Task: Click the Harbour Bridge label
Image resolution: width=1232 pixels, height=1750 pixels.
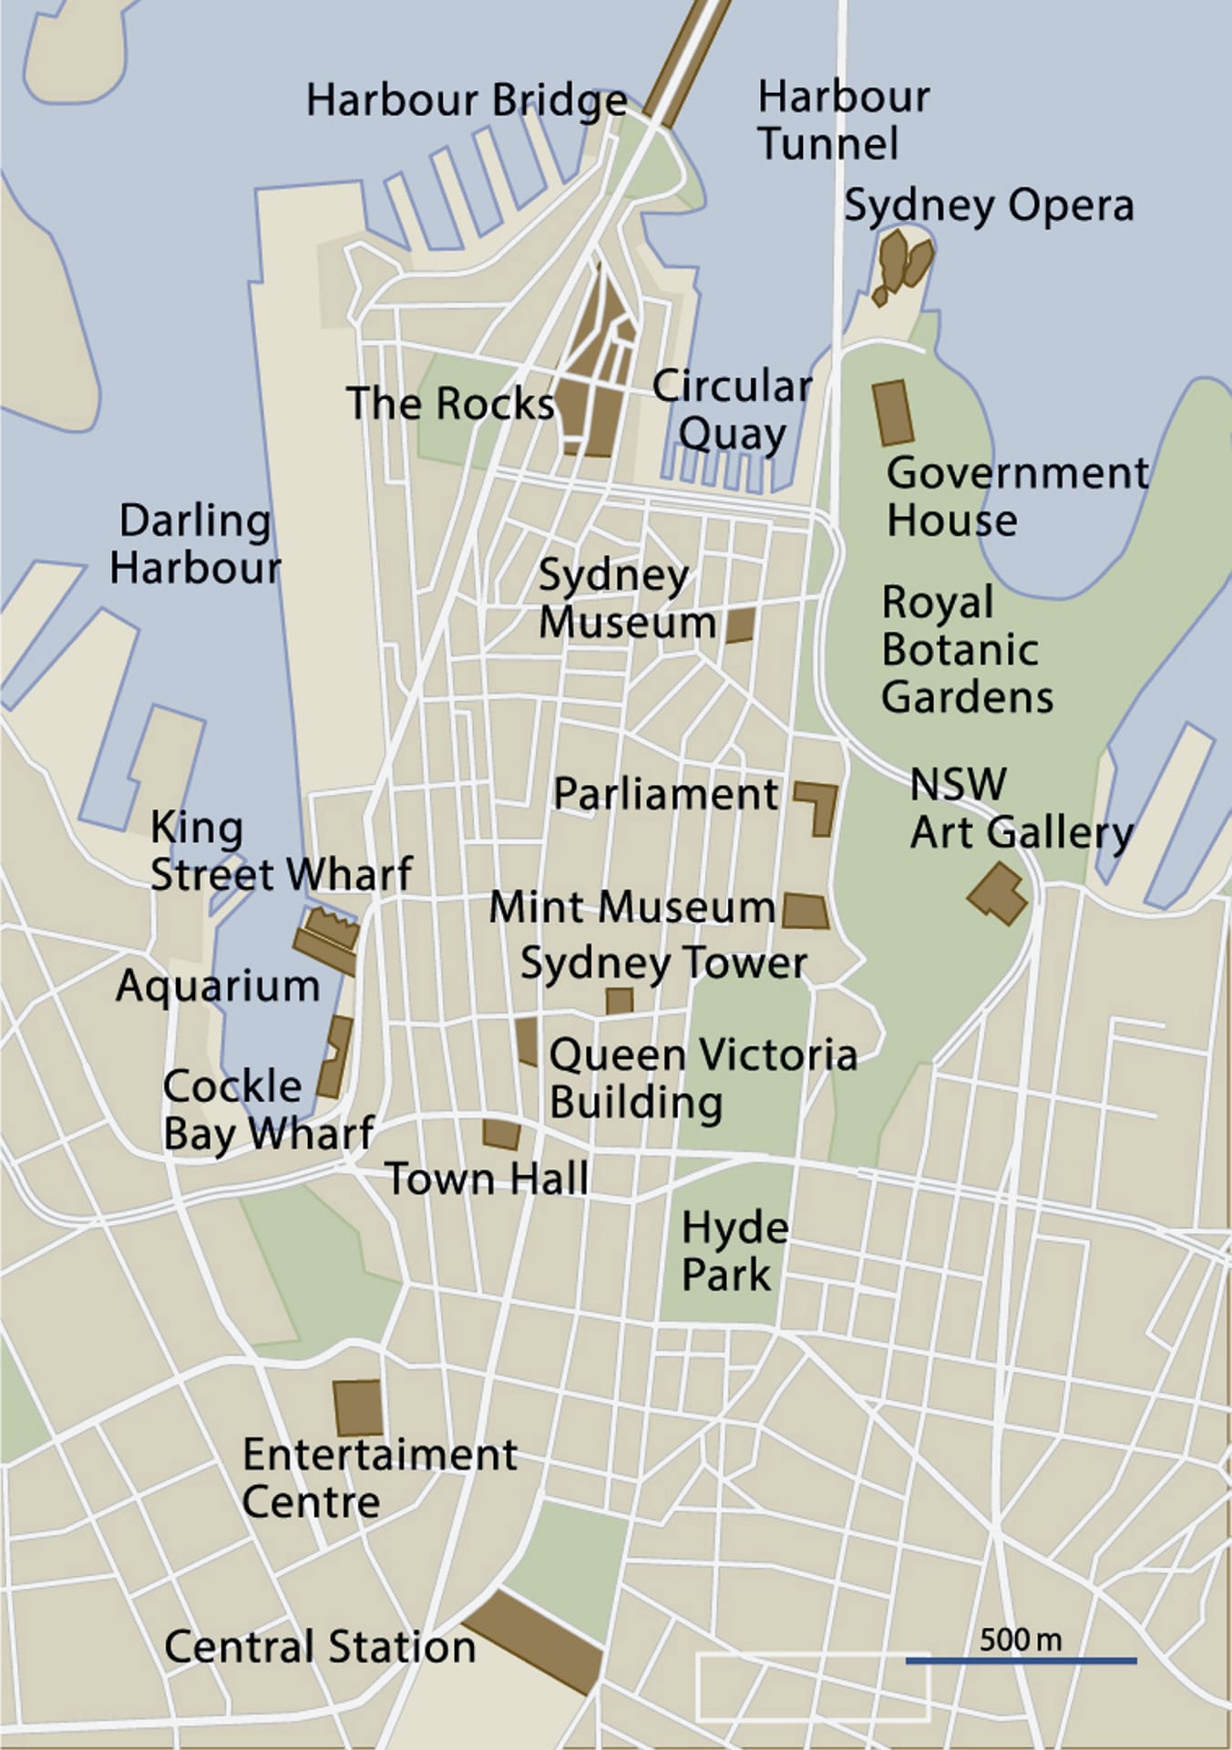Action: [466, 100]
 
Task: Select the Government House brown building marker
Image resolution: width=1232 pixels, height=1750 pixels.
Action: [893, 413]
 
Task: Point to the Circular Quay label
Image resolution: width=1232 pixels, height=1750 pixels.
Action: [732, 410]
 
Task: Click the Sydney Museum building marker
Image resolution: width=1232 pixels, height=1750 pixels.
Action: [740, 625]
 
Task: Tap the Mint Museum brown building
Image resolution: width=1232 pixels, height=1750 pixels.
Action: [805, 911]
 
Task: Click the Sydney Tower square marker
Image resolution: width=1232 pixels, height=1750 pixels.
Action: [620, 1001]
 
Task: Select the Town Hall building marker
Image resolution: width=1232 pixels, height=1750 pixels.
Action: [501, 1134]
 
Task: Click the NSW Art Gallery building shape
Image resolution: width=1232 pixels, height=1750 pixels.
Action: [998, 893]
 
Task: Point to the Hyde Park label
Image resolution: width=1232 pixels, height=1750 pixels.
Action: [734, 1251]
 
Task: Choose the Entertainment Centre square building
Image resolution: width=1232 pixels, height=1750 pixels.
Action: [357, 1407]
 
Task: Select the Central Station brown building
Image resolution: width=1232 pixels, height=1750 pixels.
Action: [534, 1642]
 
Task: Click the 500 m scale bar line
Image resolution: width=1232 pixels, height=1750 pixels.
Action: [1021, 1661]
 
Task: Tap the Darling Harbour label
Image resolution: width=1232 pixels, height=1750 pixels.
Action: [195, 544]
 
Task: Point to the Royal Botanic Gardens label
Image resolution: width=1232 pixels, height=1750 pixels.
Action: [966, 649]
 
